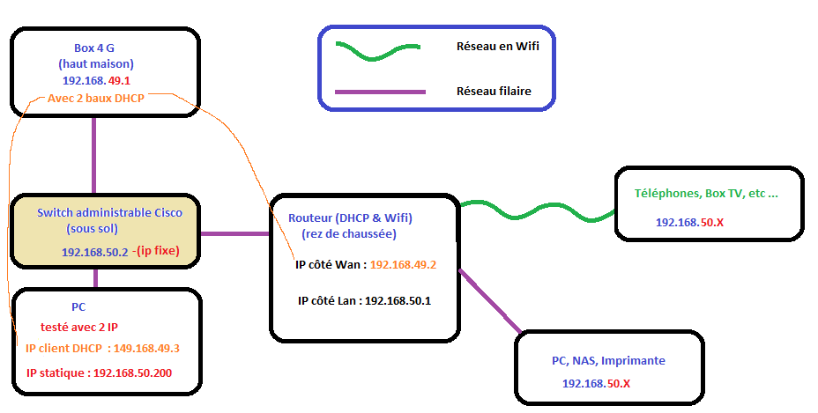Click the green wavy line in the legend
click(377, 49)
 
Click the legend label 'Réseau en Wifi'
click(497, 46)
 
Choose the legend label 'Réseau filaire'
click(494, 91)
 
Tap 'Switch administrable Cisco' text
click(104, 212)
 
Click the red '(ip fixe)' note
click(156, 251)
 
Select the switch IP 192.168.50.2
click(94, 252)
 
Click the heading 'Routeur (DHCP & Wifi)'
click(351, 218)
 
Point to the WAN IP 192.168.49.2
click(403, 263)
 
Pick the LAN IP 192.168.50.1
click(398, 300)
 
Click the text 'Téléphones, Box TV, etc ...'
click(706, 193)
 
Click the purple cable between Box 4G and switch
click(94, 155)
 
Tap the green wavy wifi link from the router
click(538, 212)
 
